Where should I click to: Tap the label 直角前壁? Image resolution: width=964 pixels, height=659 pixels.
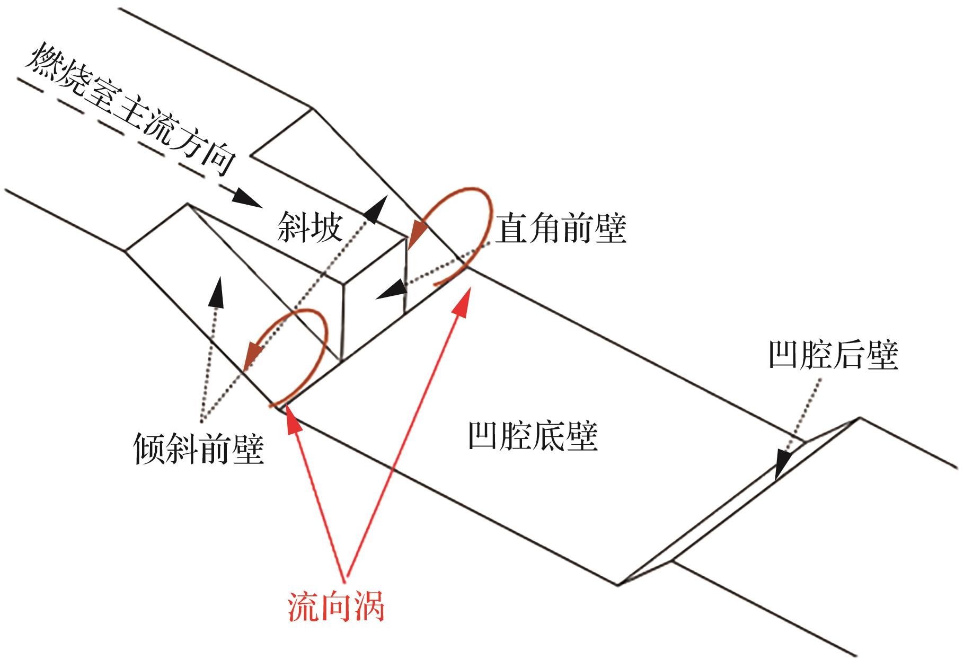coord(561,229)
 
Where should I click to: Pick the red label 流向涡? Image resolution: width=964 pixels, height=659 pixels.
coord(335,605)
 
